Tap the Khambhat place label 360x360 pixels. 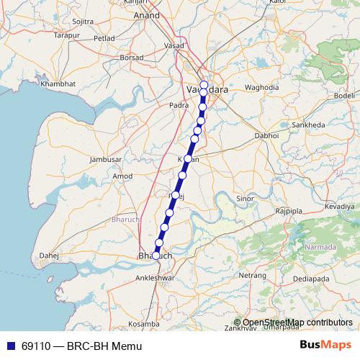pos(58,84)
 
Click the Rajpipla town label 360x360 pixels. pos(291,210)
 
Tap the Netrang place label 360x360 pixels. pos(253,276)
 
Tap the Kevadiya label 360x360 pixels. pos(340,206)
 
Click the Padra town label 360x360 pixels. pos(179,104)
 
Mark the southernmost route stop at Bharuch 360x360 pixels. pos(156,255)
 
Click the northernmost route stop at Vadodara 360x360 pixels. pos(204,85)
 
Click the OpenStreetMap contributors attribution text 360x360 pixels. pos(297,323)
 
